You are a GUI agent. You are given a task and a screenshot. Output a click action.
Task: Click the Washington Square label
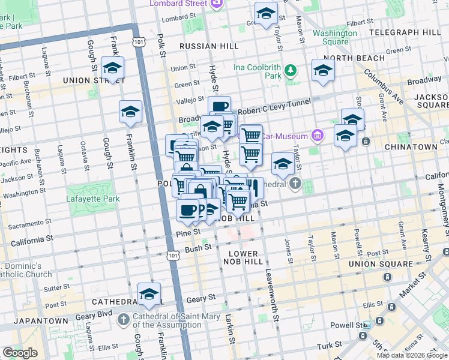point(331,37)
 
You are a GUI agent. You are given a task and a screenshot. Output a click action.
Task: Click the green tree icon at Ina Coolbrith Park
point(291,71)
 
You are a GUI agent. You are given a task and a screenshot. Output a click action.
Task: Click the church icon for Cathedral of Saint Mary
point(124,318)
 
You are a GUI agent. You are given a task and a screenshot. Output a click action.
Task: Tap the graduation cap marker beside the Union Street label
point(112,68)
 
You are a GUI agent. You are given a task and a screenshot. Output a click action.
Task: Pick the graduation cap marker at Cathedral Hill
point(149,294)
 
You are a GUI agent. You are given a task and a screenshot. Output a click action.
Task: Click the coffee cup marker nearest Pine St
point(188,210)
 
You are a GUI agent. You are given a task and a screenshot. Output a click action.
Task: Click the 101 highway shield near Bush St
point(173,256)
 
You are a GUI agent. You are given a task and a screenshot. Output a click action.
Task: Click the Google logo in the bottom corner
point(20,353)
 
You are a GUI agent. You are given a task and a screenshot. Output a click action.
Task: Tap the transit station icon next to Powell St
point(366,325)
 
